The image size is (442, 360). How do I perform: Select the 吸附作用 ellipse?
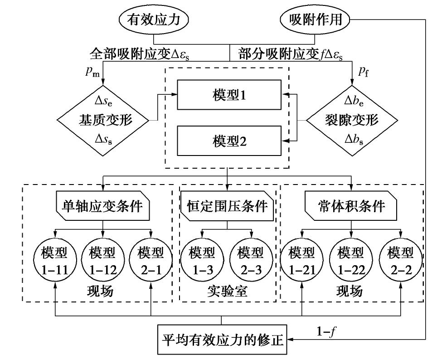point(316,19)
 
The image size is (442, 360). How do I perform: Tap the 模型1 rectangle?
point(229,95)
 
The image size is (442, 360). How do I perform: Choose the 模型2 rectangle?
point(229,141)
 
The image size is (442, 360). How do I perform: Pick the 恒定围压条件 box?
point(228,206)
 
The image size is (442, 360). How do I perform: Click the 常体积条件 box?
point(351,206)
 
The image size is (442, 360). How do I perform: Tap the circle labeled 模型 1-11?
point(55,260)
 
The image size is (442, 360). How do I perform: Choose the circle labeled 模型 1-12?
point(102,260)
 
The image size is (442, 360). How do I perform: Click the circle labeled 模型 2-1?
point(151,260)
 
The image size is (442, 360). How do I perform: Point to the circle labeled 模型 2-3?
point(252,260)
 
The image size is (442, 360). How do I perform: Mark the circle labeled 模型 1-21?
point(301,260)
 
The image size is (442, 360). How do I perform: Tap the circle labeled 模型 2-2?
point(400,260)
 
